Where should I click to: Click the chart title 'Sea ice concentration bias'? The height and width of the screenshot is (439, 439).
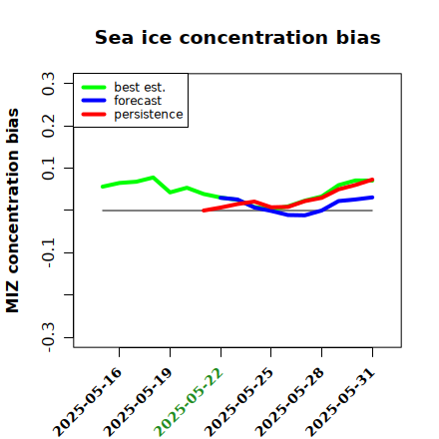237,37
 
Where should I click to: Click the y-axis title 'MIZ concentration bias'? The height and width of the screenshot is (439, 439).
12,211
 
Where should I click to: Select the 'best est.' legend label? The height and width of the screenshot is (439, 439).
140,87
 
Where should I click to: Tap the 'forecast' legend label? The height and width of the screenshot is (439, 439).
138,101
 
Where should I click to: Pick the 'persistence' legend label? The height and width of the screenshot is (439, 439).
149,115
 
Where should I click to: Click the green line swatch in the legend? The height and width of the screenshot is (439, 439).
94,87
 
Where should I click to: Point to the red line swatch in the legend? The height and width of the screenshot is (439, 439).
94,115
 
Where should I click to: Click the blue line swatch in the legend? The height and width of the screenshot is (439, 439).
94,101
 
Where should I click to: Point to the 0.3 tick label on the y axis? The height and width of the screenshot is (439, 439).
48,84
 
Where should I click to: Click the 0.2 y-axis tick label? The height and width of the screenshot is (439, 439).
48,126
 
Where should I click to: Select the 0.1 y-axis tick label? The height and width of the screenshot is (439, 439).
48,169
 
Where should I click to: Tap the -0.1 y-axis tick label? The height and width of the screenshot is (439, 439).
48,253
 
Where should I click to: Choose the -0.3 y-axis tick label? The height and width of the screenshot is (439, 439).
48,337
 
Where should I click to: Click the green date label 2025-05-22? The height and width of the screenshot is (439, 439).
189,402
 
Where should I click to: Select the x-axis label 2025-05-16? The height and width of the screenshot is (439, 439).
87,402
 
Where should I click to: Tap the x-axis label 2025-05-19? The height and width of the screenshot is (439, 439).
138,402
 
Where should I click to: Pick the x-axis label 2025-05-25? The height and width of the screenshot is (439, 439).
238,402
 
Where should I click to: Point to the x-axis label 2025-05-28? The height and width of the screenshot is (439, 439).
289,402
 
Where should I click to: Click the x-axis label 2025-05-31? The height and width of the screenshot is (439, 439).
340,402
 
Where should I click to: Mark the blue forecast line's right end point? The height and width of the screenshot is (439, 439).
372,198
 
